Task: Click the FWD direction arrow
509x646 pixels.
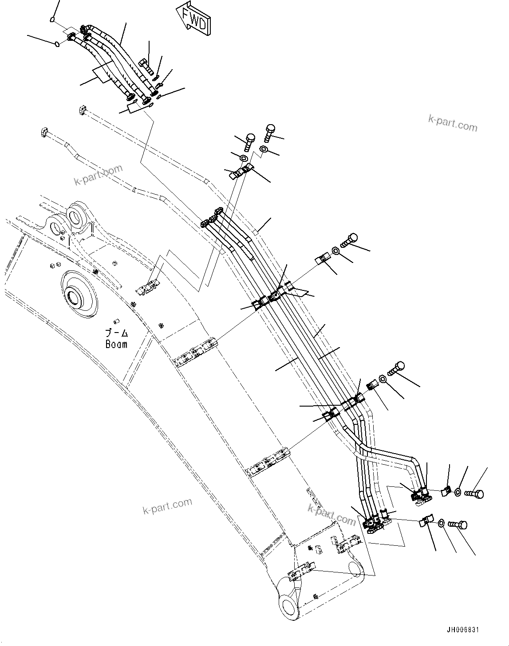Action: point(193,18)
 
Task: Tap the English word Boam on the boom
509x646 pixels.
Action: point(116,344)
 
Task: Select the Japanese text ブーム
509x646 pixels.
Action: point(116,333)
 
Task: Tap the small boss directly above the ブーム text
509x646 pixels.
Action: point(117,321)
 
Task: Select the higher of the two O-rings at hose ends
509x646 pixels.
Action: point(52,19)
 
